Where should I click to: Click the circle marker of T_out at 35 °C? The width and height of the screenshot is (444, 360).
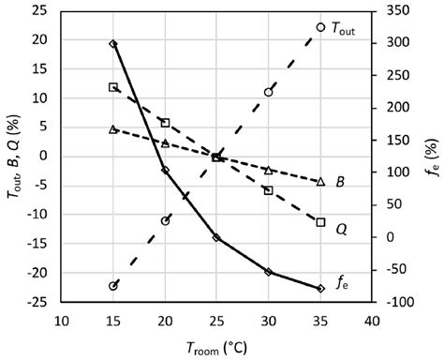(320, 27)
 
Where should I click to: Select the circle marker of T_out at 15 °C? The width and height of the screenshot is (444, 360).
(113, 286)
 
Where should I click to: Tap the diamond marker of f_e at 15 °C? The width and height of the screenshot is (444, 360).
(113, 44)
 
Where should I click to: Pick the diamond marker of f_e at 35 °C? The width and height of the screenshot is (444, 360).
(320, 289)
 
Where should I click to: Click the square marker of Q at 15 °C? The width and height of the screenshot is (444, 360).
(113, 87)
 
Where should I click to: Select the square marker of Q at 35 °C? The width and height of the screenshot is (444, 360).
(320, 222)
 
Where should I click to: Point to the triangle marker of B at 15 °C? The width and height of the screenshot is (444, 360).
(113, 128)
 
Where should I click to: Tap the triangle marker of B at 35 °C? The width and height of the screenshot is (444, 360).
(320, 181)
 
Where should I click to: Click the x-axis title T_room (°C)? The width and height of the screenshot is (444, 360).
(216, 348)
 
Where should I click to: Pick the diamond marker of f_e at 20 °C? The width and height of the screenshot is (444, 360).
(165, 171)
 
